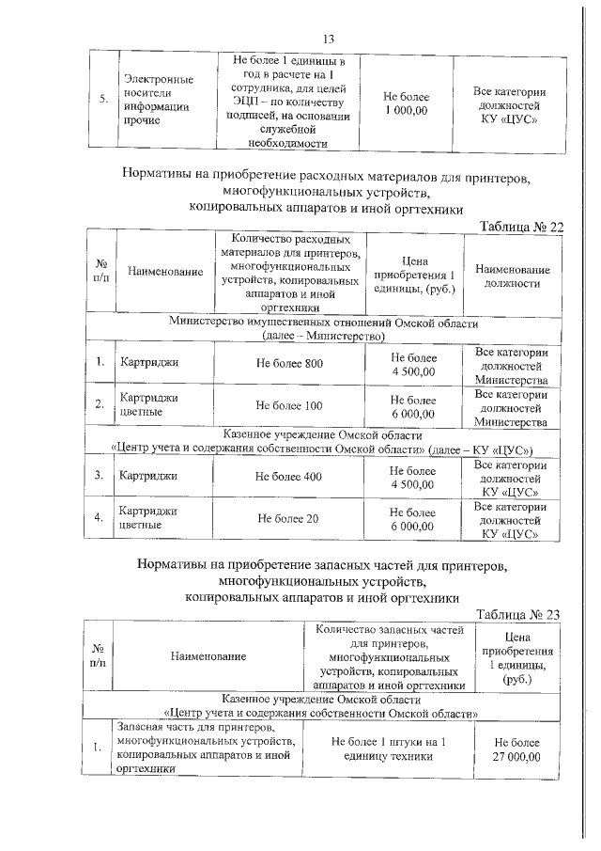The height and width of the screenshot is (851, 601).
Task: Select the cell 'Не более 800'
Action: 289,365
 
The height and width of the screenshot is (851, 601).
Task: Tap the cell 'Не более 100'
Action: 289,405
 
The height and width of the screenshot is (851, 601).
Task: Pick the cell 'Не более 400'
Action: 289,477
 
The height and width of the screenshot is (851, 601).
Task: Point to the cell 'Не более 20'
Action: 289,518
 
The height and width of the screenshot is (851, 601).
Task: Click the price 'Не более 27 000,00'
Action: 517,749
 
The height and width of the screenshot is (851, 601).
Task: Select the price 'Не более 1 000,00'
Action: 406,103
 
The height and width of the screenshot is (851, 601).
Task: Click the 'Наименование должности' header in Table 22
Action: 513,276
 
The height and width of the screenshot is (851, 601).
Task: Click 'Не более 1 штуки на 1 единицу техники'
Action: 388,749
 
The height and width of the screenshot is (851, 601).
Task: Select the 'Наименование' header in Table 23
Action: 208,658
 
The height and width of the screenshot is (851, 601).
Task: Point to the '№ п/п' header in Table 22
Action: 100,272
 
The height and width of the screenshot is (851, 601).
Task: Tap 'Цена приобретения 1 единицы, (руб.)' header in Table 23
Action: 517,658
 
